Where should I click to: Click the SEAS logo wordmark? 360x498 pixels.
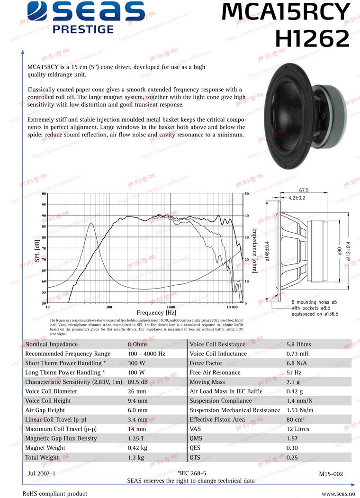coord(85,12)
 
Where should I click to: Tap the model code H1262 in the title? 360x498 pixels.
coord(312,39)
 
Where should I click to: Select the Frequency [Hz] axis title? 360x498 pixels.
coord(156,313)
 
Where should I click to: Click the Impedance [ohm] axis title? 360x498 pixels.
coord(254,250)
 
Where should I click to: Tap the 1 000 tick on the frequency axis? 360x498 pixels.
coord(171,308)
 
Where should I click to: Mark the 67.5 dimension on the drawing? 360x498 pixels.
coord(304,190)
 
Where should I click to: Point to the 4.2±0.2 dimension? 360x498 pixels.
coord(297,198)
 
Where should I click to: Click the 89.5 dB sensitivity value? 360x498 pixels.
coord(138,382)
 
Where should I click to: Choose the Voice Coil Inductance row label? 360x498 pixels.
coord(218,354)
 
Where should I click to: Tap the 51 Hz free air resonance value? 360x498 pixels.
coord(294,372)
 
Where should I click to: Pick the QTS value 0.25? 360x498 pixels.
coord(293,457)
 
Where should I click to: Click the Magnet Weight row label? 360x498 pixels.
coord(45,448)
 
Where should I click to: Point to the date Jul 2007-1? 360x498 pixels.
coord(42,473)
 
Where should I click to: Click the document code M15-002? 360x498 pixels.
coord(331,473)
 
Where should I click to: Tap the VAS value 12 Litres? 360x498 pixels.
coord(298,429)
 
